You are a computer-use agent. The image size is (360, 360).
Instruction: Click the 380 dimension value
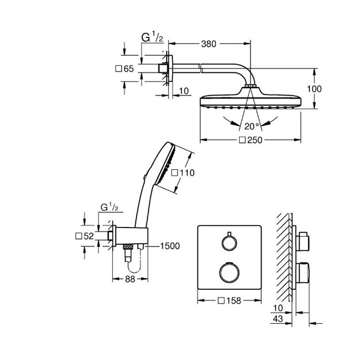pyautogui.click(x=209, y=44)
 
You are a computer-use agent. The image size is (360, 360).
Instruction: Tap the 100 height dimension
pyautogui.click(x=314, y=89)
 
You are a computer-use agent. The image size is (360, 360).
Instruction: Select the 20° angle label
pyautogui.click(x=251, y=126)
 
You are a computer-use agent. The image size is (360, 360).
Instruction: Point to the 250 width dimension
pyautogui.click(x=255, y=140)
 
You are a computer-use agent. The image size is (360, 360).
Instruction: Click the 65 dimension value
pyautogui.click(x=128, y=69)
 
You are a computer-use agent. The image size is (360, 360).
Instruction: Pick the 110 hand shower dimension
pyautogui.click(x=187, y=173)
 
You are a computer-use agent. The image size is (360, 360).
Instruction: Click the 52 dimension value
pyautogui.click(x=89, y=236)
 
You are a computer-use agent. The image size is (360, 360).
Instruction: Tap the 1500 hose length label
pyautogui.click(x=170, y=246)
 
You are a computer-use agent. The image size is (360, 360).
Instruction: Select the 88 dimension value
pyautogui.click(x=130, y=279)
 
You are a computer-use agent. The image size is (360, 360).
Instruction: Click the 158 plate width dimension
pyautogui.click(x=233, y=301)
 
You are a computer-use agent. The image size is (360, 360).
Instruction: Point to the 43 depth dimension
pyautogui.click(x=278, y=319)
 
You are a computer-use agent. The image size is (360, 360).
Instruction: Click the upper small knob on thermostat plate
pyautogui.click(x=229, y=242)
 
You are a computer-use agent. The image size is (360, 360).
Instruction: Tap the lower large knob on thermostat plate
pyautogui.click(x=229, y=272)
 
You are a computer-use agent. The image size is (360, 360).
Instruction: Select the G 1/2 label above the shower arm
pyautogui.click(x=152, y=37)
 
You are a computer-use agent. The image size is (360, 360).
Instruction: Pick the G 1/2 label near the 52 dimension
pyautogui.click(x=109, y=207)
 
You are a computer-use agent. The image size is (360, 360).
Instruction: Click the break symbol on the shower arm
pyautogui.click(x=200, y=69)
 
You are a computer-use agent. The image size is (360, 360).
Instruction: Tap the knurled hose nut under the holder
pyautogui.click(x=128, y=247)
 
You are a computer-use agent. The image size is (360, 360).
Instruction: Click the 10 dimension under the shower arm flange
pyautogui.click(x=184, y=91)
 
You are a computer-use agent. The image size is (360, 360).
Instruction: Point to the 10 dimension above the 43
pyautogui.click(x=278, y=308)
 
